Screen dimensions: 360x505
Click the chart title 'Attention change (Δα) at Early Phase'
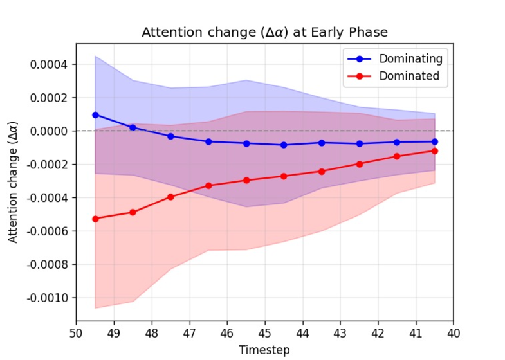264,32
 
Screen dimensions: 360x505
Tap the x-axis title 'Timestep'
264,350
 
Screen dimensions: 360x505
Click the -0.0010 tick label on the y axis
48,298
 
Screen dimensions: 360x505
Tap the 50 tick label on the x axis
76,334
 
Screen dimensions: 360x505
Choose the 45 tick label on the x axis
265,334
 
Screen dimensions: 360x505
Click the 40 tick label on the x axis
454,334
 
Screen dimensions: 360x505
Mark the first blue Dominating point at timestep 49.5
95,115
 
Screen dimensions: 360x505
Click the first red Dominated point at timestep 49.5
95,219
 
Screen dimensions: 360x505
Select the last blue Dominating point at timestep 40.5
435,141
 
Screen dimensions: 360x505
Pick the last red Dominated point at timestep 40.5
435,150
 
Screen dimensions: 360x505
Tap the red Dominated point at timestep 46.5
208,185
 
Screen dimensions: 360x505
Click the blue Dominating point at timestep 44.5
284,145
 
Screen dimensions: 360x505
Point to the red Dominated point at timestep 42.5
360,164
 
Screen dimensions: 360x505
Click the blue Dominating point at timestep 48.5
133,127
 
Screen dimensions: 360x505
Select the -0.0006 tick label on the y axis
48,231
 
